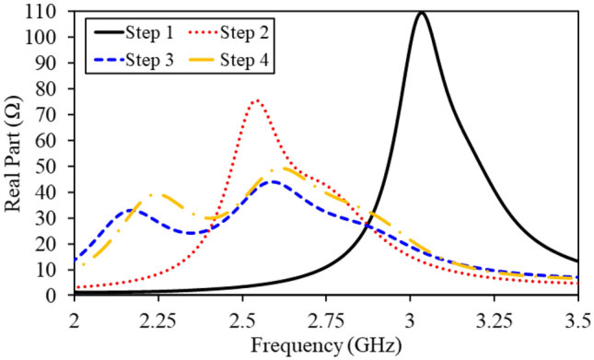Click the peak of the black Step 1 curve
tap(421, 12)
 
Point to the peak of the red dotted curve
tap(256, 99)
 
